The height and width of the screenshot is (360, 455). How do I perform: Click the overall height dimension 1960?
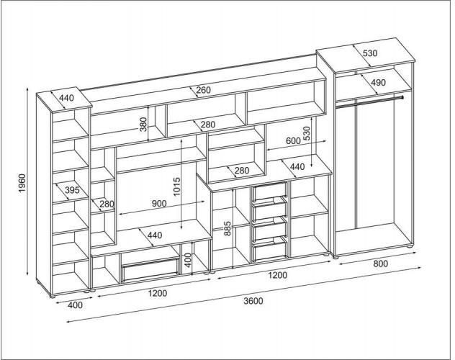pos(22,184)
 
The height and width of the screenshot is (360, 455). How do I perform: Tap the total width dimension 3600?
pos(253,301)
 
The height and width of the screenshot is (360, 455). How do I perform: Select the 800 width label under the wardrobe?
pos(380,264)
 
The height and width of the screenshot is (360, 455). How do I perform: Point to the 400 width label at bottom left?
pos(75,305)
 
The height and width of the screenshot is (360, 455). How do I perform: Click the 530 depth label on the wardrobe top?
pos(370,53)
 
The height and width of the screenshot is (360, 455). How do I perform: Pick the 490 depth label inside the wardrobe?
pos(379,83)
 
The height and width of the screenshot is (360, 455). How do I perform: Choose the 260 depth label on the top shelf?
pos(203,90)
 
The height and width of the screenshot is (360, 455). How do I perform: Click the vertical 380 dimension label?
pos(144,124)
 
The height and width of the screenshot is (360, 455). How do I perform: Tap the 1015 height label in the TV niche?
pos(176,186)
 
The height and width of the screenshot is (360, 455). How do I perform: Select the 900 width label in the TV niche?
pos(159,204)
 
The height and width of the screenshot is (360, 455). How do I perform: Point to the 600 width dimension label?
pos(293,140)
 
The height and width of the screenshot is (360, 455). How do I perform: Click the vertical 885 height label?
pos(227,228)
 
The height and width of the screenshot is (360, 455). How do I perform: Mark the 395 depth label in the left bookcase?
pos(72,190)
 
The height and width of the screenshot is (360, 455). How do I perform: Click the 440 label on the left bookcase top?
pos(66,98)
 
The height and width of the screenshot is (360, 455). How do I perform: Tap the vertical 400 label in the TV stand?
pos(188,260)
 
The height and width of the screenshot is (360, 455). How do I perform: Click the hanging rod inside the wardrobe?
pos(369,102)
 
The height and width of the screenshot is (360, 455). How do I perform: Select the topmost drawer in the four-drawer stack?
pos(271,192)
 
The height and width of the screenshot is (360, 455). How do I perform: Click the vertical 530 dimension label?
pos(307,133)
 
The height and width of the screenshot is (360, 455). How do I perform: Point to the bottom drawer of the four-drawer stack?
pos(271,249)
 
